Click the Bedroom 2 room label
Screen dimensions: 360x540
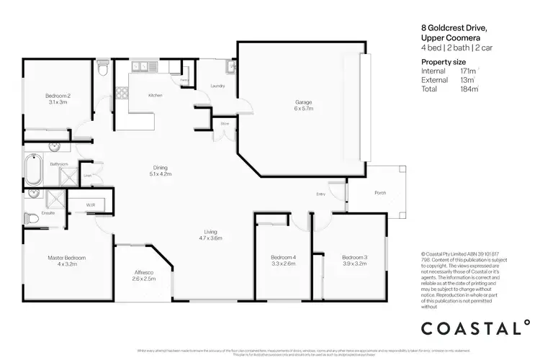pyautogui.click(x=58, y=99)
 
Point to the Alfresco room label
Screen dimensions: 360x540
pyautogui.click(x=144, y=275)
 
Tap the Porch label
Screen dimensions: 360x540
pyautogui.click(x=379, y=193)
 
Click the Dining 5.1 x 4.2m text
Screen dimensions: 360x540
pyautogui.click(x=160, y=170)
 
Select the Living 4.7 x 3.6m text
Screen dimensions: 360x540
pyautogui.click(x=210, y=235)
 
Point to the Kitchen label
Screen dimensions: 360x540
pyautogui.click(x=155, y=95)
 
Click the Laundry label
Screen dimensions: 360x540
pyautogui.click(x=217, y=86)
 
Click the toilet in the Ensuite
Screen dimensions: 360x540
pyautogui.click(x=31, y=217)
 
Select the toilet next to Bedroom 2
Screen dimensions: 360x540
pyautogui.click(x=104, y=70)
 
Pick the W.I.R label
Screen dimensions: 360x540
pyautogui.click(x=91, y=205)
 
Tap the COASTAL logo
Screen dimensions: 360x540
pyautogui.click(x=476, y=328)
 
